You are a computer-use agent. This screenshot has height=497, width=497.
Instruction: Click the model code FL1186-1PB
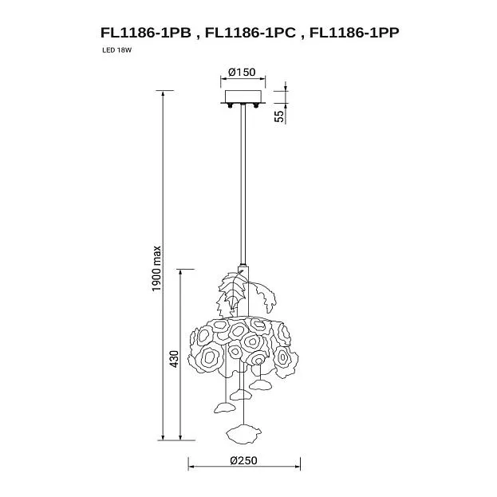pyautogui.click(x=146, y=33)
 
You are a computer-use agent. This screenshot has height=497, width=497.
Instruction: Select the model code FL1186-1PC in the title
pyautogui.click(x=250, y=33)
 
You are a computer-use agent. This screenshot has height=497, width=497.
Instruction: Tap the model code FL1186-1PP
pyautogui.click(x=354, y=33)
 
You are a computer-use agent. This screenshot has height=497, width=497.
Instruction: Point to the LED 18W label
pyautogui.click(x=116, y=50)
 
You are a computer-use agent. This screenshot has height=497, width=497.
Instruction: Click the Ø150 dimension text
pyautogui.click(x=242, y=73)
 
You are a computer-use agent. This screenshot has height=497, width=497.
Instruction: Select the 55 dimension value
pyautogui.click(x=279, y=116)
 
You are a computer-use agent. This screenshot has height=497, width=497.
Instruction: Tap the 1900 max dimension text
pyautogui.click(x=156, y=269)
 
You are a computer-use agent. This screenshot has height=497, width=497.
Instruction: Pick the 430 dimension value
pyautogui.click(x=174, y=359)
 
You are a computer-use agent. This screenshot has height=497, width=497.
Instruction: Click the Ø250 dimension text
pyautogui.click(x=243, y=460)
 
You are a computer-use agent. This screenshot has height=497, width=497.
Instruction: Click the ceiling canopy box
pyautogui.click(x=243, y=97)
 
